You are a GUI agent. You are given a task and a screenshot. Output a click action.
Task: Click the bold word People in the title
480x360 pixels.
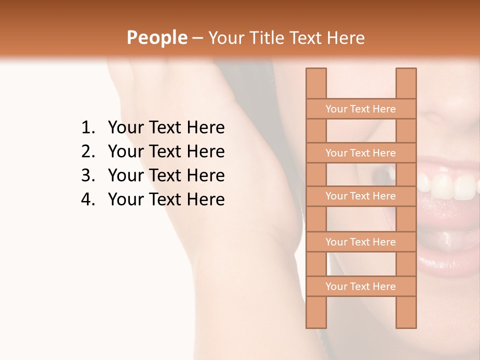157,37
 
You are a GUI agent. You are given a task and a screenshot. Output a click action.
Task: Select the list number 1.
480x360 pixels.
87,128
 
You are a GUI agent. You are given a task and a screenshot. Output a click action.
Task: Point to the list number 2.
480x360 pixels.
87,151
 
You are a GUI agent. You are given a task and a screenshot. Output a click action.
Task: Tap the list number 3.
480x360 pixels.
87,175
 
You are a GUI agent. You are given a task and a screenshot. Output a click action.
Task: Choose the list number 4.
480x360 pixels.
87,199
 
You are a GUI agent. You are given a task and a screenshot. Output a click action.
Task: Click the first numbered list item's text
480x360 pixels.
166,128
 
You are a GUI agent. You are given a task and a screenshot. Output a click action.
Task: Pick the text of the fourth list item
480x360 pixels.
166,199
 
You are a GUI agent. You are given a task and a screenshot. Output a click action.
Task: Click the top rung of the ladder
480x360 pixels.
360,109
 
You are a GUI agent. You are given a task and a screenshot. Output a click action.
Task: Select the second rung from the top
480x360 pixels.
360,153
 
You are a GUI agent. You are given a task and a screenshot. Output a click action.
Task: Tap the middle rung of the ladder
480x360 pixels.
360,196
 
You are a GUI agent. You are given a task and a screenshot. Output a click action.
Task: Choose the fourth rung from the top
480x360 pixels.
360,242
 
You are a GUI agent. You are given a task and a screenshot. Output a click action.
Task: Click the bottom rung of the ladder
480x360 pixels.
360,286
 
